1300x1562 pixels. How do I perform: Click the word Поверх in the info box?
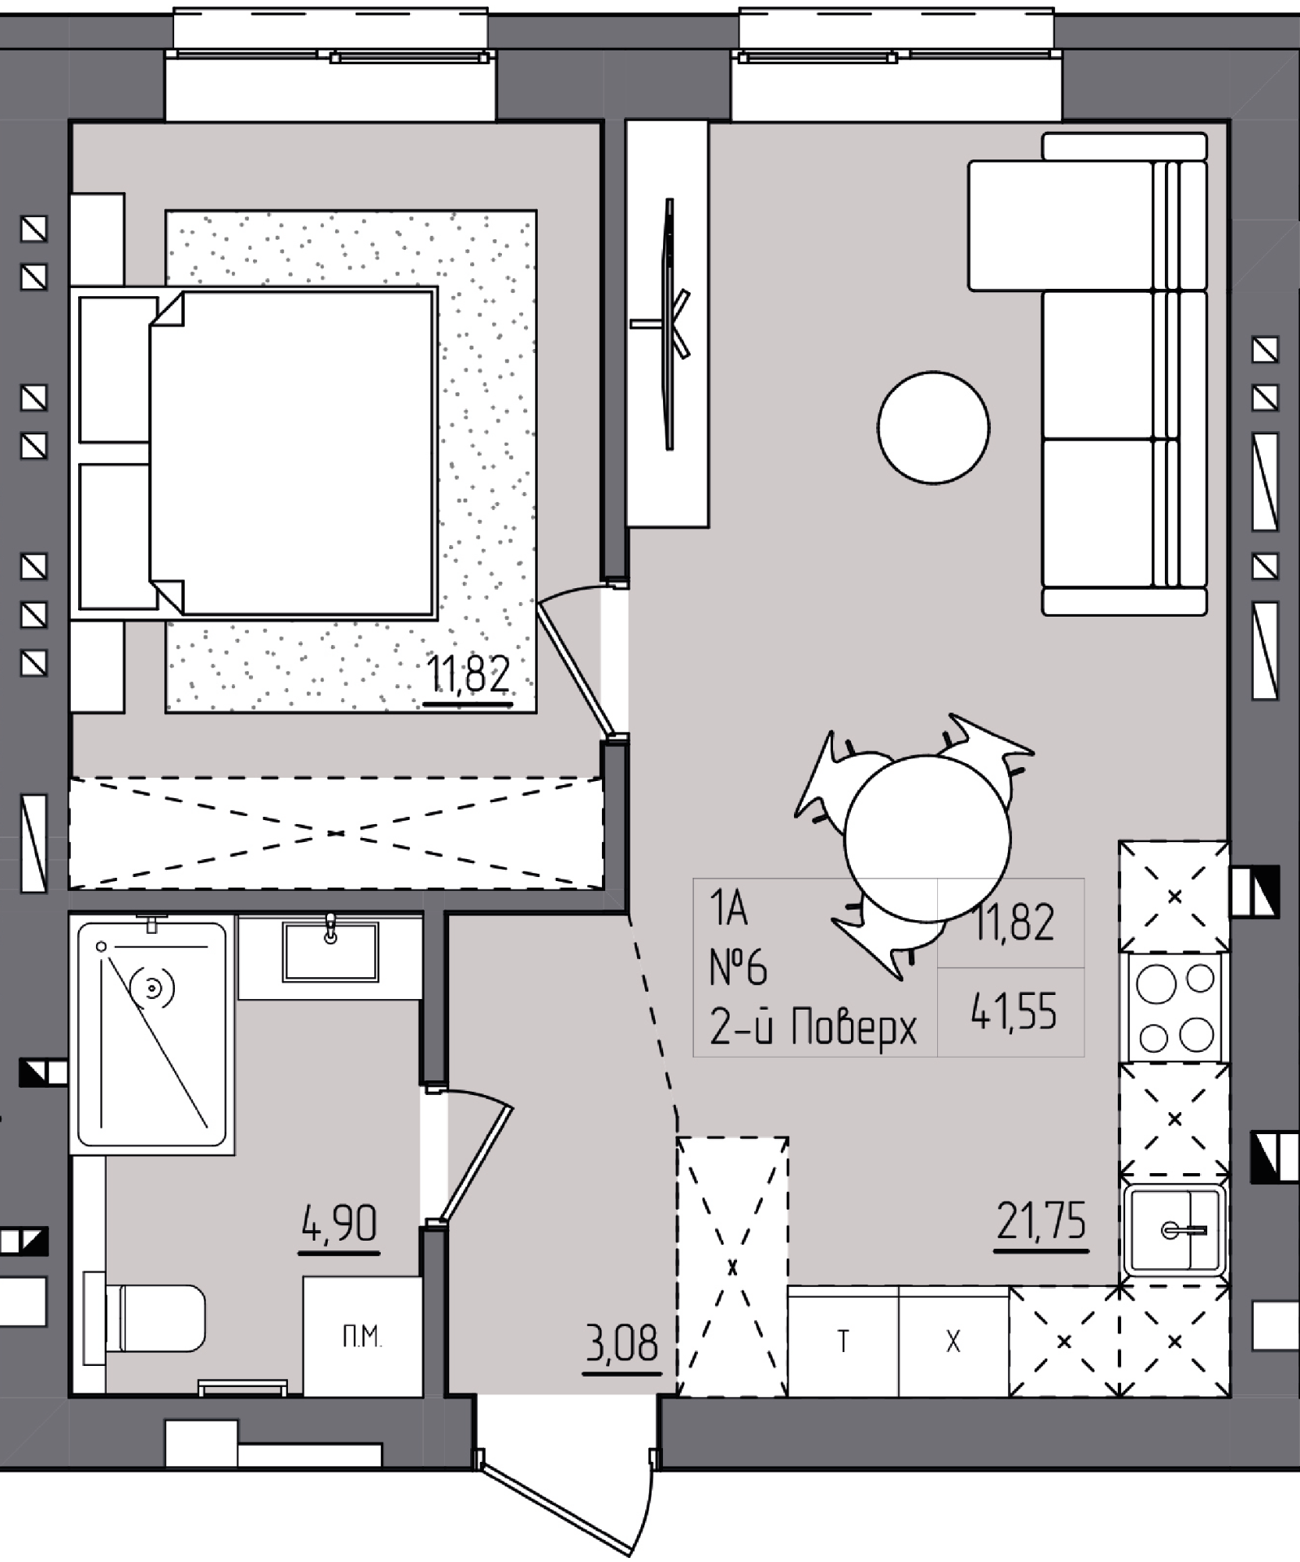tap(854, 1028)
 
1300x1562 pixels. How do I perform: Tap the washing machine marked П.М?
tap(362, 1336)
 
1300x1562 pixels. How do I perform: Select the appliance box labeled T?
tap(843, 1341)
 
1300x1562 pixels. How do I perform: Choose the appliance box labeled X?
tap(953, 1341)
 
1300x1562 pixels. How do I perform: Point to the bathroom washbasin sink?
tap(330, 951)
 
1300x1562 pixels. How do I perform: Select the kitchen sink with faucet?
tap(1175, 1229)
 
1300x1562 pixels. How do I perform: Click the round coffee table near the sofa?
tap(933, 428)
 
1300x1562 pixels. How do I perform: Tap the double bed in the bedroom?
tap(255, 453)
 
